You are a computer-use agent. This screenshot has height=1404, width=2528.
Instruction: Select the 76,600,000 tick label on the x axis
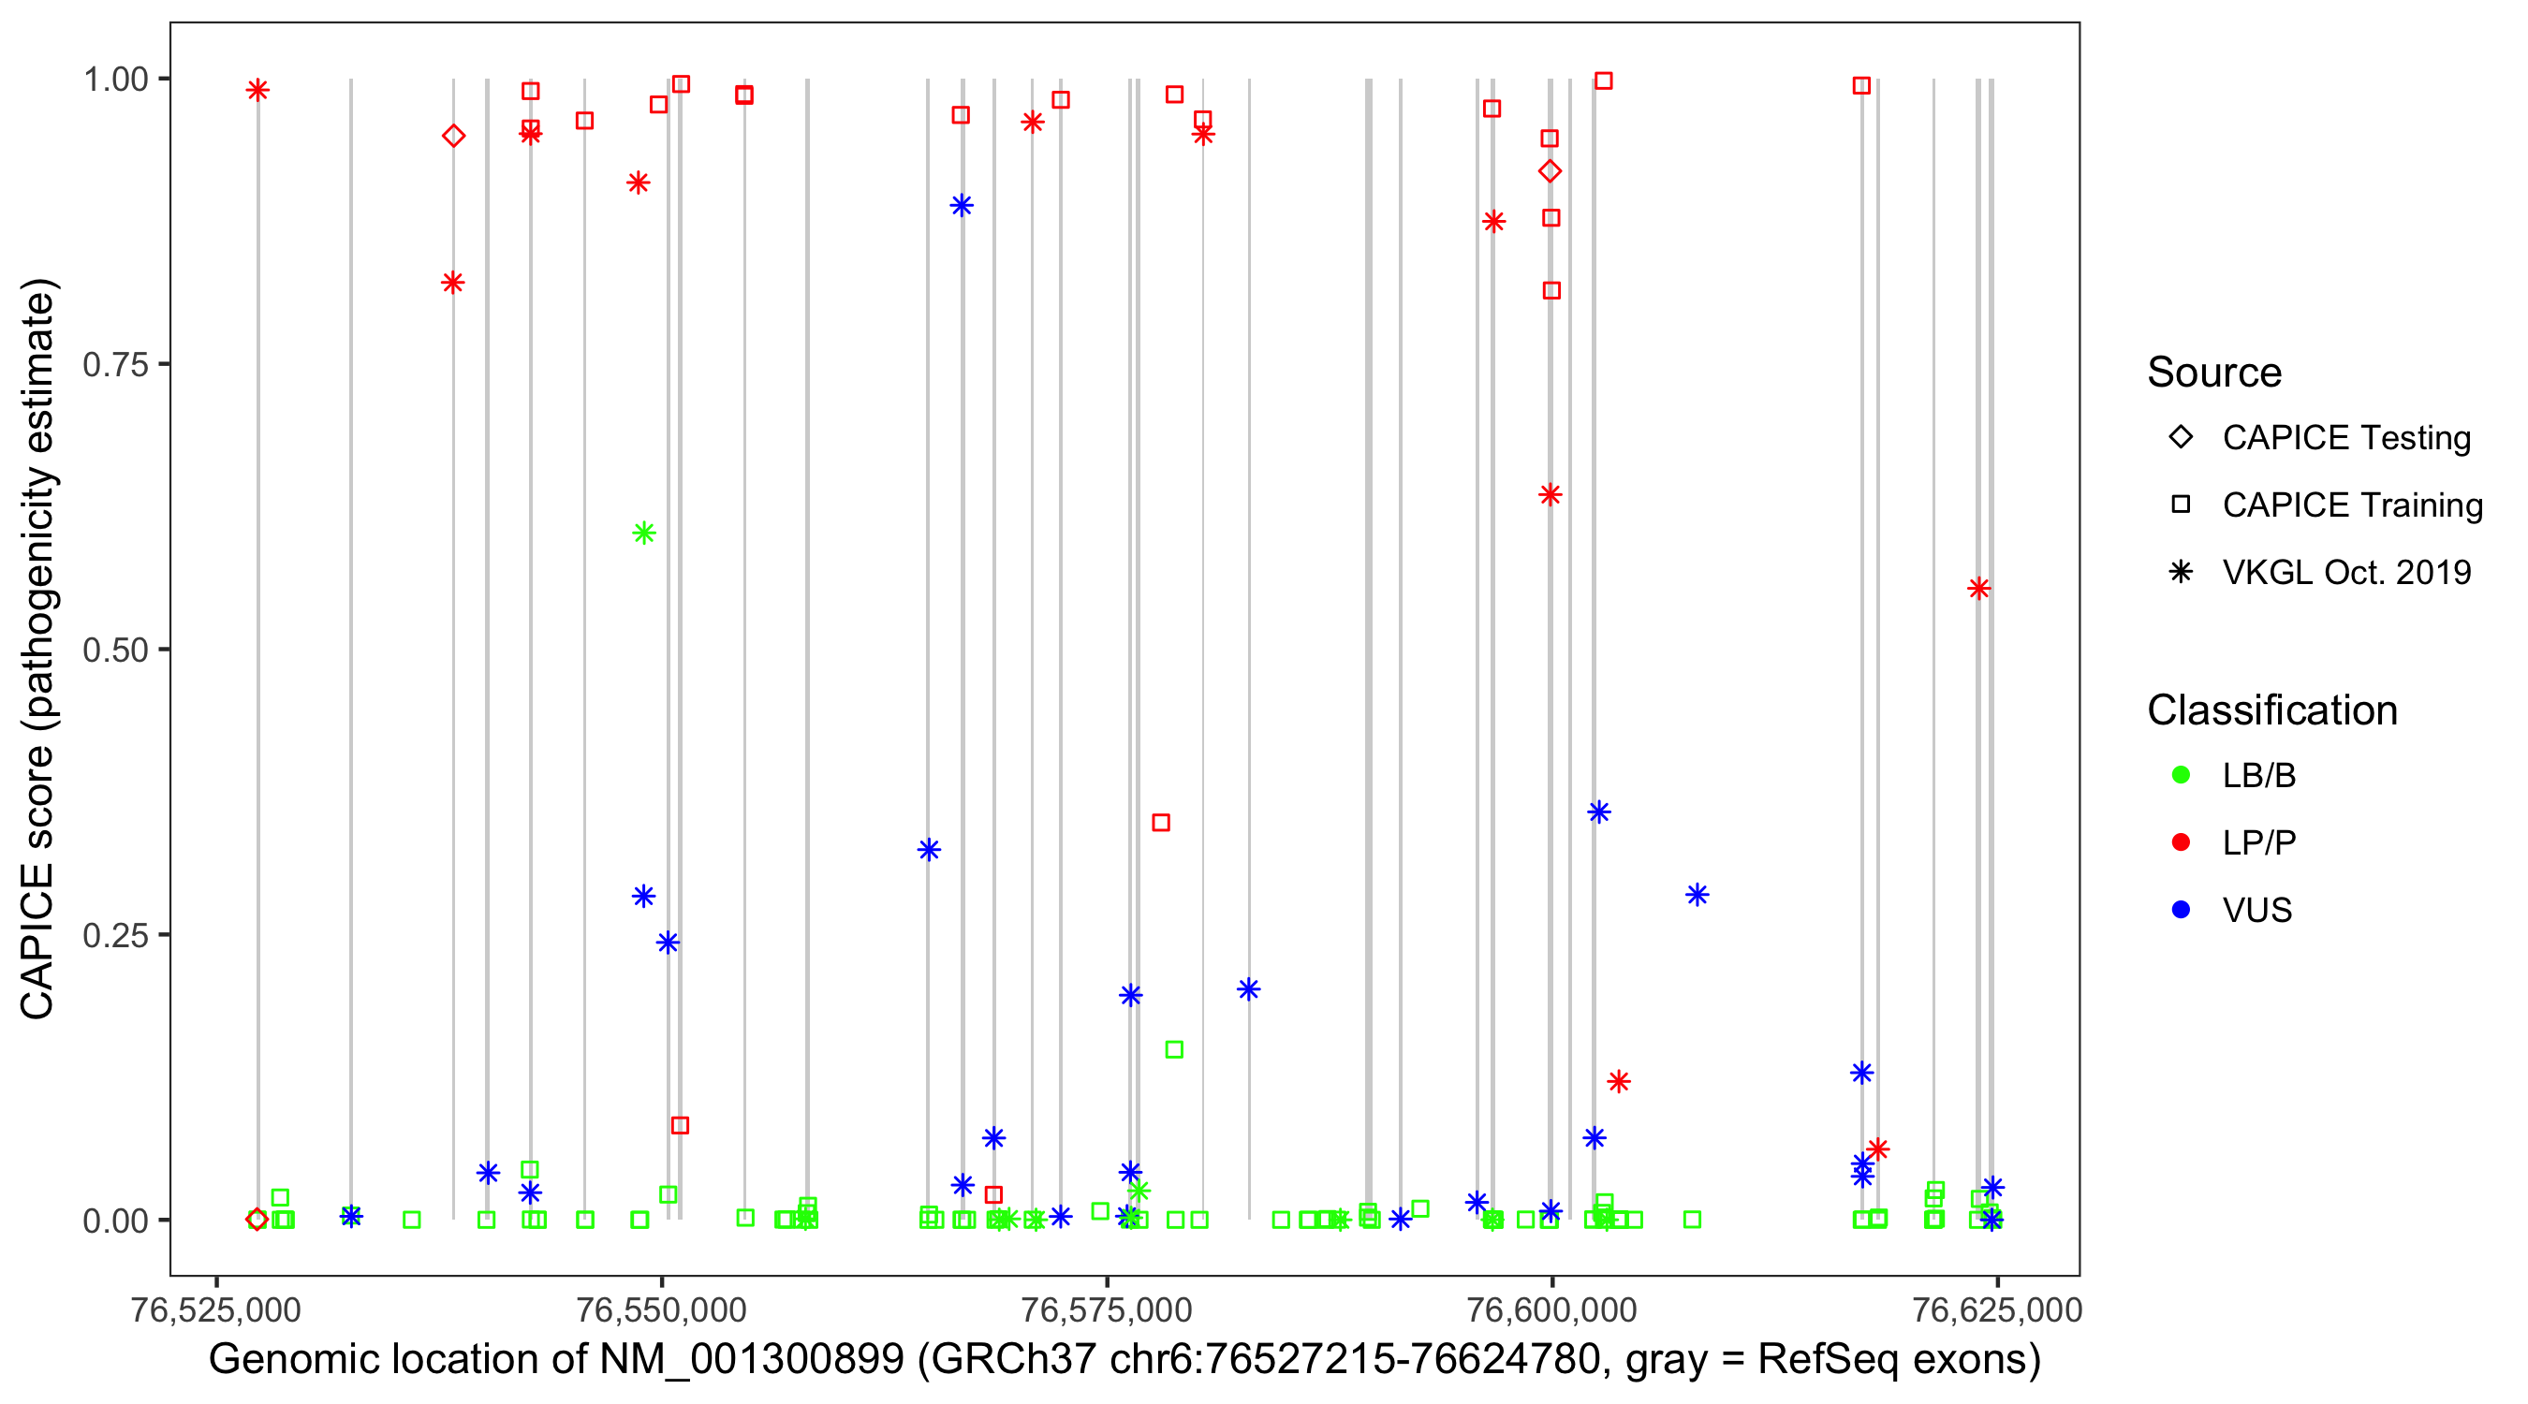point(1551,1309)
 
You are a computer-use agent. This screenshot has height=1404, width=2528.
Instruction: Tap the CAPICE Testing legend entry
point(2345,438)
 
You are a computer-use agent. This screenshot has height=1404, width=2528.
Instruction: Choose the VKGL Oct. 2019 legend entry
point(2345,572)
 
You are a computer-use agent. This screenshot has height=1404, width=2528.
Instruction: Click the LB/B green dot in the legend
point(2181,775)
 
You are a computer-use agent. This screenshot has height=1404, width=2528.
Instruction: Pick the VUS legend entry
point(2256,911)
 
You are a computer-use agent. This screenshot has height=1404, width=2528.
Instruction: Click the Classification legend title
point(2271,710)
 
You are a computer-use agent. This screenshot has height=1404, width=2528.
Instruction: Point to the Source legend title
point(2214,373)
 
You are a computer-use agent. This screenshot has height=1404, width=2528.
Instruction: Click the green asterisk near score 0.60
point(644,534)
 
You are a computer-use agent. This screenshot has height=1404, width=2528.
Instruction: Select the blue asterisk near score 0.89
point(962,205)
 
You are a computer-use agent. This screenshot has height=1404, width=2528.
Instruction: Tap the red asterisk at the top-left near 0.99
point(257,90)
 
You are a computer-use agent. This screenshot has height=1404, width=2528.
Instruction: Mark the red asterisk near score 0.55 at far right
point(1978,589)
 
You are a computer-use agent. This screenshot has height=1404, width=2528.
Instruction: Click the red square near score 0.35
point(1161,822)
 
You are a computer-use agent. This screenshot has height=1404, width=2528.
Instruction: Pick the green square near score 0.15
point(1174,1050)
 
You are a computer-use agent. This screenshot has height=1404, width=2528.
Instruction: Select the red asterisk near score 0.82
point(452,283)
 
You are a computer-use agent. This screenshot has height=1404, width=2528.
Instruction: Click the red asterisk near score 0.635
point(1550,494)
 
